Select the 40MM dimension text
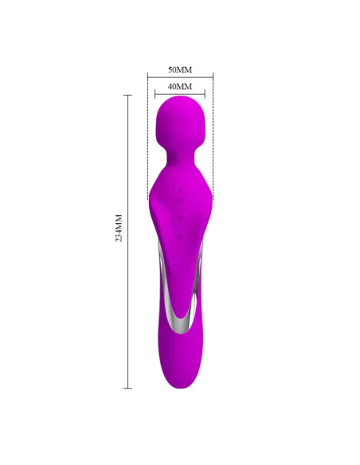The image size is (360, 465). click(x=180, y=85)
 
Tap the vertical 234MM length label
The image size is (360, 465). click(x=118, y=229)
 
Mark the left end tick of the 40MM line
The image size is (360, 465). click(x=155, y=93)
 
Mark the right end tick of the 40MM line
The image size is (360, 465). click(x=205, y=93)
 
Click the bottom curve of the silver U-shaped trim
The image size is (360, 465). click(x=181, y=328)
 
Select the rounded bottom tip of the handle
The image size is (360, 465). click(x=182, y=385)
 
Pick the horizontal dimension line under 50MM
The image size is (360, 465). click(x=180, y=77)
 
